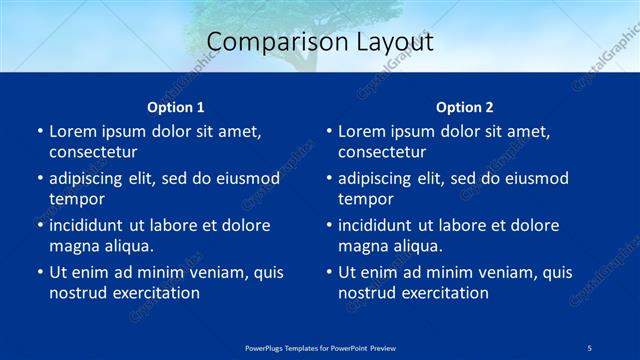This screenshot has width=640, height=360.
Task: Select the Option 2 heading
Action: (464, 107)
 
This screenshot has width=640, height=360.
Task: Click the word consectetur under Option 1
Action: (93, 152)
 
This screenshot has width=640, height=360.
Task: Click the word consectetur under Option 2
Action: (382, 152)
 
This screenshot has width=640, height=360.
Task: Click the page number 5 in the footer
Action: (590, 346)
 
